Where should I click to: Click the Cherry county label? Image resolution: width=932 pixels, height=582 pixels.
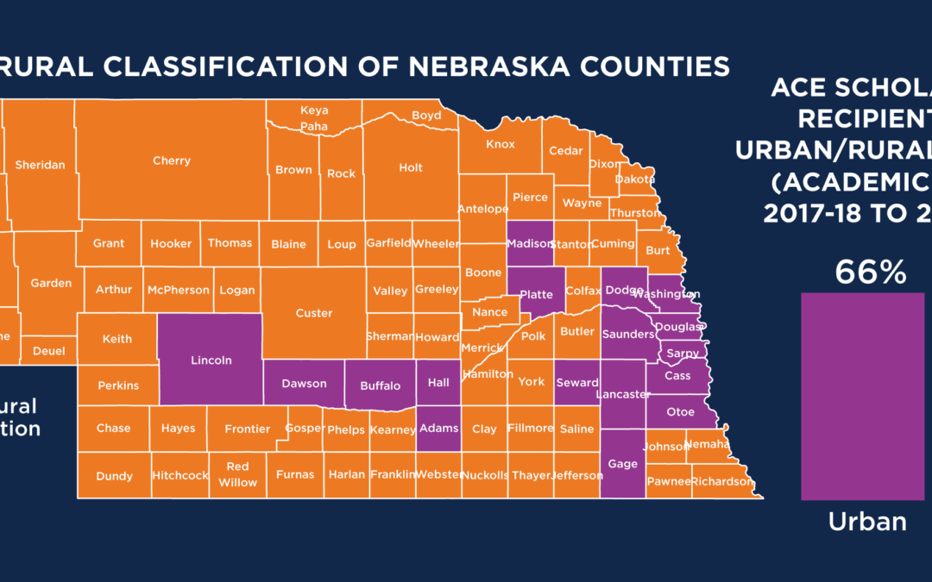point(171,160)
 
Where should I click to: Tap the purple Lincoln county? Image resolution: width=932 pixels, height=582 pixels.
point(211,360)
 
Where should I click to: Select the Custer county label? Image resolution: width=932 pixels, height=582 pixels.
point(313,313)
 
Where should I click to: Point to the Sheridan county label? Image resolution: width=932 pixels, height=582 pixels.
point(40,165)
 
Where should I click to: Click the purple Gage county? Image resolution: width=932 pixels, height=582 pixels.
point(622,464)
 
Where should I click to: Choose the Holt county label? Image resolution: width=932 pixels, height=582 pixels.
point(411,167)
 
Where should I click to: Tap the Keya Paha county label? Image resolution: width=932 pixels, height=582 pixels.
point(313,118)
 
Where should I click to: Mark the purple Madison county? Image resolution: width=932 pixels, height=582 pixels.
point(529,243)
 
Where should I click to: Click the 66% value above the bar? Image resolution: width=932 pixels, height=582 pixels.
point(870,273)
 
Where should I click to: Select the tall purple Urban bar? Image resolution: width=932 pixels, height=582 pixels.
point(863,396)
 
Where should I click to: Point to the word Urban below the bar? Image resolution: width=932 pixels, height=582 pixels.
point(867,521)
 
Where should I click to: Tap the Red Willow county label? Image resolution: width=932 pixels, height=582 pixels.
point(237,474)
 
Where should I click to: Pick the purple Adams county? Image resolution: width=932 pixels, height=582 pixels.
point(438,427)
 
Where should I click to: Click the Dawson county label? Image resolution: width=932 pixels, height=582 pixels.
point(304,384)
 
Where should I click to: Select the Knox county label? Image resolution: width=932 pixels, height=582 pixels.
point(500,144)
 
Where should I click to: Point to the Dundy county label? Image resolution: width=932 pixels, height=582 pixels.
point(114,476)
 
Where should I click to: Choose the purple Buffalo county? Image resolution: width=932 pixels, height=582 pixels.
point(380,385)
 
